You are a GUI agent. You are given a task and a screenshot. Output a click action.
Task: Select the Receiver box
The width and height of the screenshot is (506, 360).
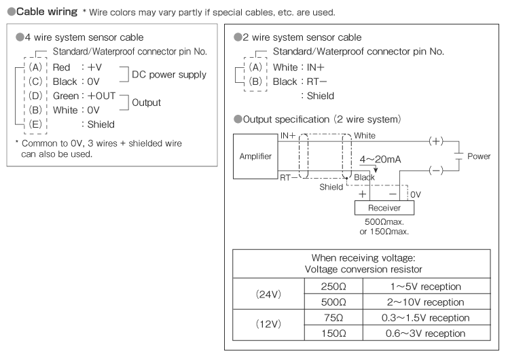[384, 208]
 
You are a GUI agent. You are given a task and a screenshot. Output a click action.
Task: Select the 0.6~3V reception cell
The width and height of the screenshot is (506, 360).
[417, 334]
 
